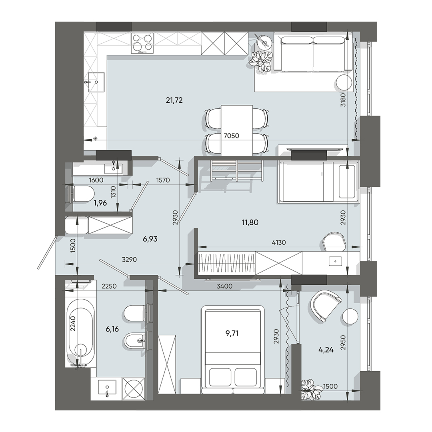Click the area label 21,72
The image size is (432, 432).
tap(174, 100)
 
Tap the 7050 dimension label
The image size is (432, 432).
tap(231, 136)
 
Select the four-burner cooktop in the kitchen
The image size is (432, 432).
tap(143, 43)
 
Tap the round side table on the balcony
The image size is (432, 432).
tap(350, 317)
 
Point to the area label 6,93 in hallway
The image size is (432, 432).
tap(150, 239)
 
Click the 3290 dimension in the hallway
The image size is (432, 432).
tap(130, 259)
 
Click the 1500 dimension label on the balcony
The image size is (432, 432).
tap(330, 387)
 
